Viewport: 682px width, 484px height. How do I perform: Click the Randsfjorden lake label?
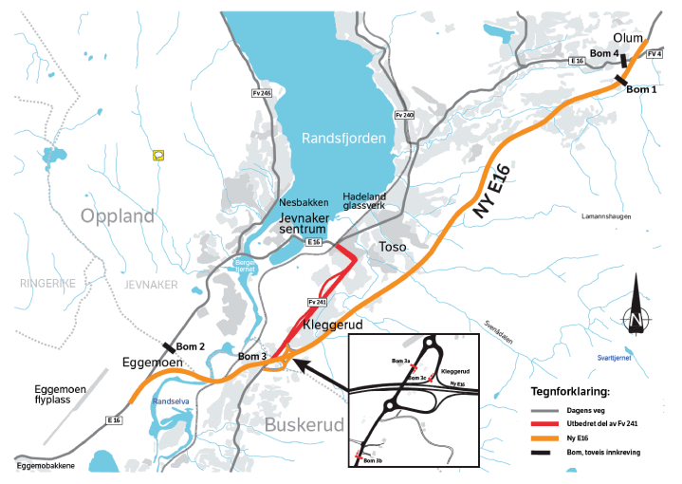tap(343, 139)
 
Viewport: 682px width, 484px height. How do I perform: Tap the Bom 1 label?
tap(641, 89)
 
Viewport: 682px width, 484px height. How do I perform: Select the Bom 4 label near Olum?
tap(604, 53)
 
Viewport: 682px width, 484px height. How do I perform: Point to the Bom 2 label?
tap(188, 346)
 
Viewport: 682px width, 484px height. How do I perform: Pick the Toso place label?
tap(393, 247)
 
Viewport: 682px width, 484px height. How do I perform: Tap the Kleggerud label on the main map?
tap(333, 326)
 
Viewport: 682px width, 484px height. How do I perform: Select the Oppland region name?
tap(118, 216)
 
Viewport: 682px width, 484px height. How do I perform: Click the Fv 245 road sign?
tap(263, 93)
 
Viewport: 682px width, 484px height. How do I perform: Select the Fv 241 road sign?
tap(316, 302)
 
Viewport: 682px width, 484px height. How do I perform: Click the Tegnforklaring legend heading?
tap(569, 390)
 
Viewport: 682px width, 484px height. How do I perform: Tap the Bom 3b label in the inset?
tap(373, 460)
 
